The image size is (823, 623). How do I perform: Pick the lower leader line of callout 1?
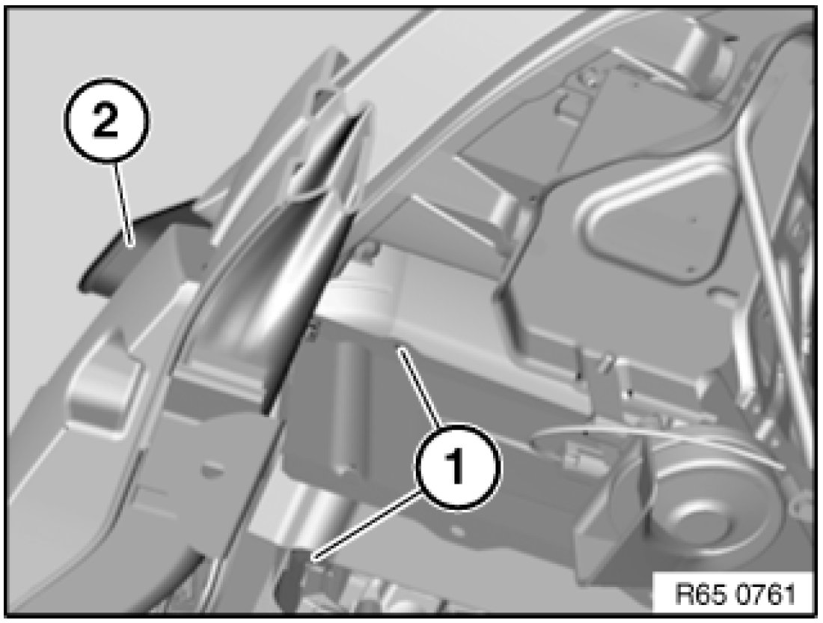coord(366,526)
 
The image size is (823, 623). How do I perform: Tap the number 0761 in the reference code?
coord(765,595)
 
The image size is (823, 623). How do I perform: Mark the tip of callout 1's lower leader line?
coord(313,560)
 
